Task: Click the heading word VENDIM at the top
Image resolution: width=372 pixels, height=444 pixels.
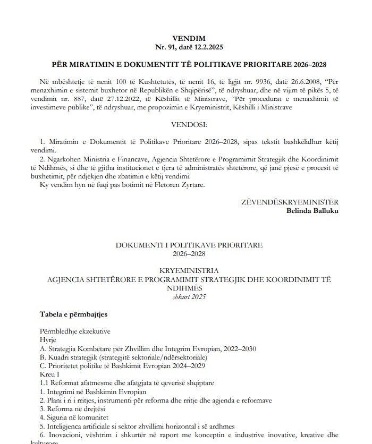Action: [x=189, y=38]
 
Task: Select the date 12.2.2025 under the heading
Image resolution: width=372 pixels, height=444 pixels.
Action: [x=208, y=47]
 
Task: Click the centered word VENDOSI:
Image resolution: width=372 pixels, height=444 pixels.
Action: [x=189, y=125]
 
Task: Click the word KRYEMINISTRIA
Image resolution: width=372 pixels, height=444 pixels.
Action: [x=189, y=270]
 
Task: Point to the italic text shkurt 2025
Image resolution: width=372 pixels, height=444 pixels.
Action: [x=189, y=296]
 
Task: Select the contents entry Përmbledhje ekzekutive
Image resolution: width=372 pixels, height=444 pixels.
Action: [x=75, y=331]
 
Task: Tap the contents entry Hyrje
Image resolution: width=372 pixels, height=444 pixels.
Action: [x=47, y=340]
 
